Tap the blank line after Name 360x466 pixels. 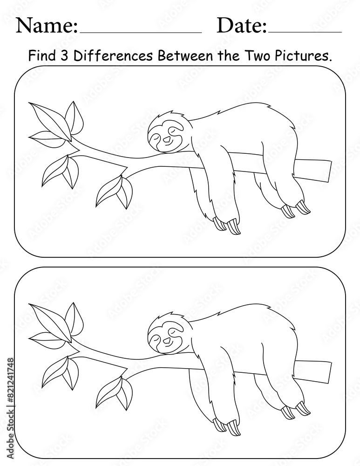point(141,32)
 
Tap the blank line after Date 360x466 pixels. point(305,32)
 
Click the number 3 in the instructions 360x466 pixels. point(64,56)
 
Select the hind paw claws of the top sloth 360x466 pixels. point(296,209)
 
